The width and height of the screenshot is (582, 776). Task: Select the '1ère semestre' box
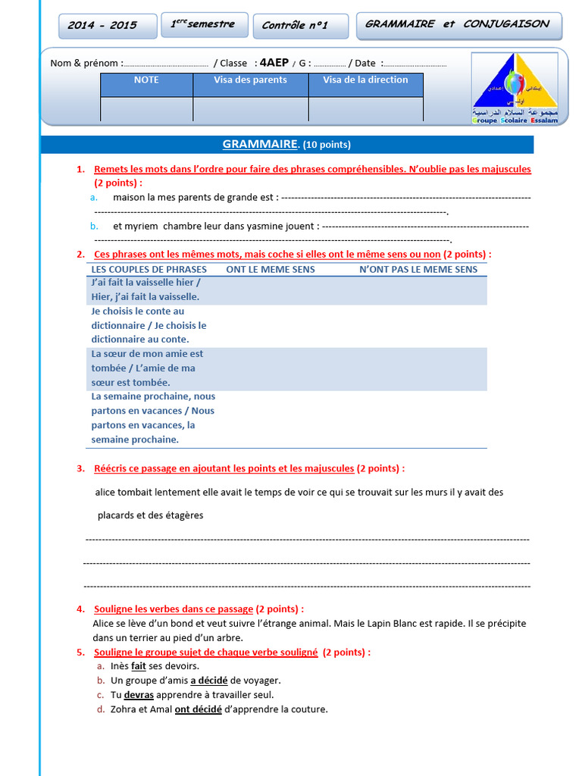coord(202,25)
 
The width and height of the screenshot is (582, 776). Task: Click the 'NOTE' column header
coord(146,80)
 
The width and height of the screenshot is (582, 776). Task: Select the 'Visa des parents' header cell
coord(250,80)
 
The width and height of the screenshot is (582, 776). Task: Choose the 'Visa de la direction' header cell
coord(365,80)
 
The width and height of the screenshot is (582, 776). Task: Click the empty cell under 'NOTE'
coord(146,109)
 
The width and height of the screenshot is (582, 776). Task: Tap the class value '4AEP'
coord(272,64)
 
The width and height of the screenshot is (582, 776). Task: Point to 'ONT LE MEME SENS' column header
coord(271,269)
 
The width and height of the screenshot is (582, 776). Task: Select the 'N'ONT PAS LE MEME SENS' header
coord(418,269)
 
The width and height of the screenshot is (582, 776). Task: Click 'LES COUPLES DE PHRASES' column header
coord(149,269)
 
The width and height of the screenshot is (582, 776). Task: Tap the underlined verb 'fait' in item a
coord(138,666)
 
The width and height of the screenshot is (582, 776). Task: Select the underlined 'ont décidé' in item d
coord(198,709)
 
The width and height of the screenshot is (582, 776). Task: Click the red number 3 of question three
coord(80,468)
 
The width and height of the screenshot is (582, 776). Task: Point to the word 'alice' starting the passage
coord(106,492)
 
